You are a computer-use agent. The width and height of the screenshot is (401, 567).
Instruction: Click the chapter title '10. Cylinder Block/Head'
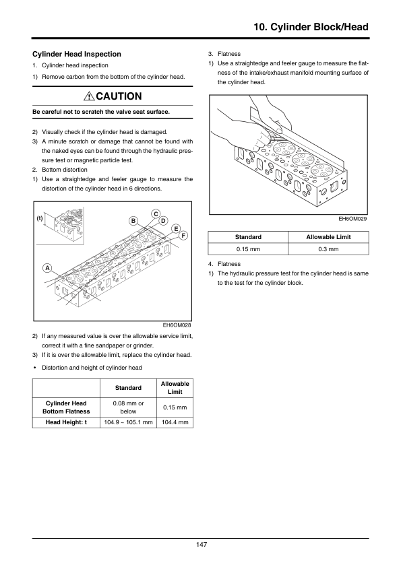[x=311, y=27]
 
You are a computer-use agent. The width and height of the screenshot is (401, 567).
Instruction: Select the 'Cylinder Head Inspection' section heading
[x=77, y=55]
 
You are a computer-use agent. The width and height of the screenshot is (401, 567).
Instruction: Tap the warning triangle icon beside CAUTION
[x=89, y=96]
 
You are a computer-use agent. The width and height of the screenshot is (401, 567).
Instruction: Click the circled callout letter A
[x=47, y=268]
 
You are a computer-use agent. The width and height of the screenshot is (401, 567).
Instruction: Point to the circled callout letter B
[x=133, y=221]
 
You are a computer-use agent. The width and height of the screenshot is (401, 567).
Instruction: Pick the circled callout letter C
[x=156, y=214]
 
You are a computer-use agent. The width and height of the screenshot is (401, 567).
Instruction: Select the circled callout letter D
[x=163, y=221]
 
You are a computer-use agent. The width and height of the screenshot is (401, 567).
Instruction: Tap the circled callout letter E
[x=176, y=229]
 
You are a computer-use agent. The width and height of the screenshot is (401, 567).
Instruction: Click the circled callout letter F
[x=183, y=236]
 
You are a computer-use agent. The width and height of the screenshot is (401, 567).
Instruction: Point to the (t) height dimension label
[x=40, y=218]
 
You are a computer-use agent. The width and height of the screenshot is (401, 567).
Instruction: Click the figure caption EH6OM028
[x=177, y=325]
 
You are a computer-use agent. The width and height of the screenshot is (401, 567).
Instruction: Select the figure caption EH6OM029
[x=353, y=219]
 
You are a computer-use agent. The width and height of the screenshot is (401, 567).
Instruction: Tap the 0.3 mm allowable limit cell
[x=328, y=249]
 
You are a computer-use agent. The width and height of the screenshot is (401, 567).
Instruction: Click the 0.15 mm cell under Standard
[x=248, y=249]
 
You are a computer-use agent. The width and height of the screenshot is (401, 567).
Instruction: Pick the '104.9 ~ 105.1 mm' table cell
[x=128, y=422]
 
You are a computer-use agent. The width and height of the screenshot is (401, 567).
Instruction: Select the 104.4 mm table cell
[x=175, y=422]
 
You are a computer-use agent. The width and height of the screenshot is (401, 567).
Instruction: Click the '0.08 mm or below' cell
[x=128, y=407]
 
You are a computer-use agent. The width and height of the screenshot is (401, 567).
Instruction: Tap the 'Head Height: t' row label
[x=66, y=422]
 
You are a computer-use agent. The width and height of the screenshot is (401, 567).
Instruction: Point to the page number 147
[x=202, y=545]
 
